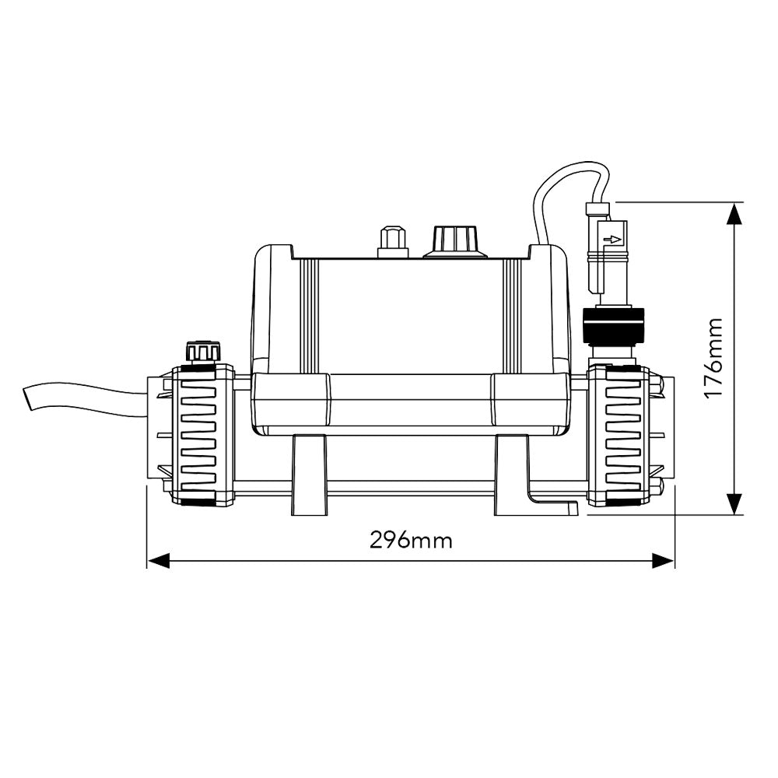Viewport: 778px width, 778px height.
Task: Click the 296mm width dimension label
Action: pyautogui.click(x=410, y=541)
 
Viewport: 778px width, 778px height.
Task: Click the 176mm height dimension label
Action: pyautogui.click(x=713, y=358)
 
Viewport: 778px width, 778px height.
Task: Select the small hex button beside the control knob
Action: pyautogui.click(x=391, y=240)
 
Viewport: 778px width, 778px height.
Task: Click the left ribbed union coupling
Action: pyautogui.click(x=202, y=436)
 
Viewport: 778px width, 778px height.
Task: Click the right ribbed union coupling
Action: pyautogui.click(x=619, y=436)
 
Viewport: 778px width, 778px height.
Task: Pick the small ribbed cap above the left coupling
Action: pyautogui.click(x=201, y=351)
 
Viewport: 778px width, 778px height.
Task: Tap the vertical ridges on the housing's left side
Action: pyautogui.click(x=309, y=311)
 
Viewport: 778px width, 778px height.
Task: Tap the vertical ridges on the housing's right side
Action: pyautogui.click(x=511, y=311)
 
